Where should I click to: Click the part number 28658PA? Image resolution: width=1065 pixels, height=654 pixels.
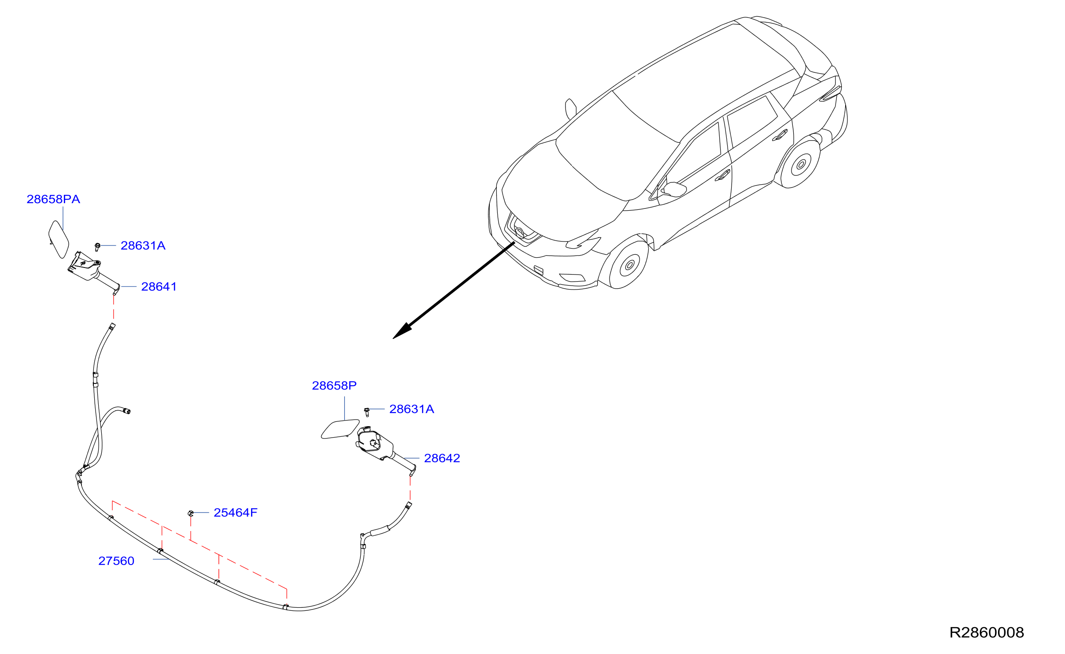pyautogui.click(x=53, y=199)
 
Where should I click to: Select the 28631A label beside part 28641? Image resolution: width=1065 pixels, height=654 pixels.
pyautogui.click(x=143, y=245)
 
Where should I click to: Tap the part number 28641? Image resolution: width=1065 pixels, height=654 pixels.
pyautogui.click(x=159, y=286)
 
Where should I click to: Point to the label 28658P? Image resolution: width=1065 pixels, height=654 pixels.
pyautogui.click(x=334, y=386)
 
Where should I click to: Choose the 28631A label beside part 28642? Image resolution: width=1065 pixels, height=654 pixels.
pyautogui.click(x=412, y=409)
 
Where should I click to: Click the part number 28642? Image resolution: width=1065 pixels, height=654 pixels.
pyautogui.click(x=442, y=458)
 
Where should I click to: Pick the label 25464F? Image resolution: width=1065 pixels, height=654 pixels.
pyautogui.click(x=236, y=513)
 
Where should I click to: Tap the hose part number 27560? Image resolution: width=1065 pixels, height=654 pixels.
pyautogui.click(x=116, y=561)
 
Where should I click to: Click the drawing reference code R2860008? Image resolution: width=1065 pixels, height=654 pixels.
pyautogui.click(x=987, y=632)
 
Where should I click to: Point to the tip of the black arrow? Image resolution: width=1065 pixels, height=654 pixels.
pyautogui.click(x=393, y=338)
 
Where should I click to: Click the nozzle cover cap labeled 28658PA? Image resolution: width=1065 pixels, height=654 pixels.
pyautogui.click(x=59, y=239)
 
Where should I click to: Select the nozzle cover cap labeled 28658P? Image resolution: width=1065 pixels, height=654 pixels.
pyautogui.click(x=340, y=429)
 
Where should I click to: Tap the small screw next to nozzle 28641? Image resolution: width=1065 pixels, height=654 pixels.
pyautogui.click(x=97, y=247)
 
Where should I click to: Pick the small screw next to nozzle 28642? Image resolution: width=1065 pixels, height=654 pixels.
pyautogui.click(x=366, y=412)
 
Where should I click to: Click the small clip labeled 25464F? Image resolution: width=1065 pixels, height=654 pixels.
pyautogui.click(x=191, y=513)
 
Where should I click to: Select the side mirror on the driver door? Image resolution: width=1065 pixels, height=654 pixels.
pyautogui.click(x=674, y=189)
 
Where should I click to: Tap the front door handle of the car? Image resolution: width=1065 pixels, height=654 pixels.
pyautogui.click(x=722, y=175)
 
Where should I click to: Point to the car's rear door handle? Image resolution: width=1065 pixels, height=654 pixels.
pyautogui.click(x=780, y=135)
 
